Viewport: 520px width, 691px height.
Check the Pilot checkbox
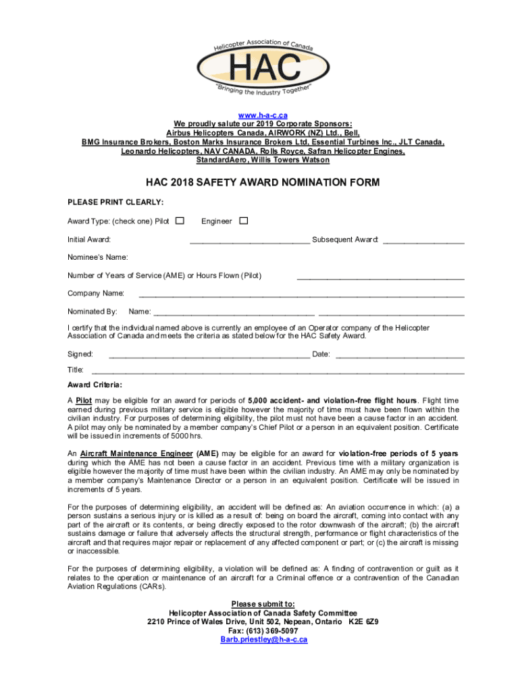tap(180, 221)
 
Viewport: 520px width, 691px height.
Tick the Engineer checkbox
tap(244, 221)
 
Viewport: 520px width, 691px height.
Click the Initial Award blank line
tap(250, 241)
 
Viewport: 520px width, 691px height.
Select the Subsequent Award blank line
tap(423, 241)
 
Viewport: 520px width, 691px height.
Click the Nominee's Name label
tap(98, 257)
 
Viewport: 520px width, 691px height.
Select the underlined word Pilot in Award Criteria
tap(84, 399)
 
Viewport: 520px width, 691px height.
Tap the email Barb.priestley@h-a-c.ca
tap(263, 639)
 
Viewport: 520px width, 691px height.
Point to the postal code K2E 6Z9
tap(363, 621)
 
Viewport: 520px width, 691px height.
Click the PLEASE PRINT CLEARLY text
tap(115, 202)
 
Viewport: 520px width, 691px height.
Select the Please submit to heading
tap(263, 604)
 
